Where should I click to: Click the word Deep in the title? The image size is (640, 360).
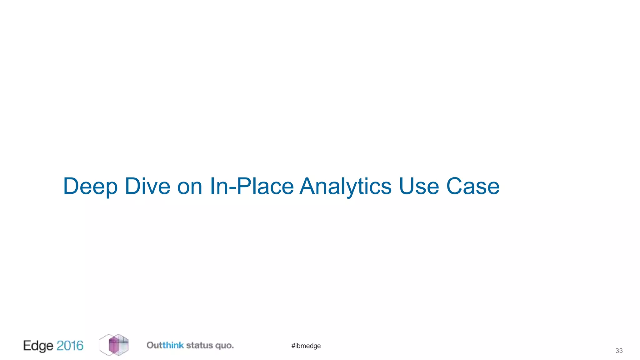coord(90,187)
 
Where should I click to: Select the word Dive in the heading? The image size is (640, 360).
coord(147,187)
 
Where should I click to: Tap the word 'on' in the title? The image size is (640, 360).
coord(190,187)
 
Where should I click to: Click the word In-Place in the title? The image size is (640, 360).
coord(252,187)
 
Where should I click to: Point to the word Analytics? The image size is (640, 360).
coord(345,187)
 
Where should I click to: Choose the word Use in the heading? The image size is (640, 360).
coord(419,187)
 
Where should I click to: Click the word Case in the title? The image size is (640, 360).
coord(473,187)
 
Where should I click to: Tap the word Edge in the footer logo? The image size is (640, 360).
coord(38,346)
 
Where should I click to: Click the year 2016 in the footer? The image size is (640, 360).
coord(70,346)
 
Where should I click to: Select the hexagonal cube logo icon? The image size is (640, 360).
coord(114,345)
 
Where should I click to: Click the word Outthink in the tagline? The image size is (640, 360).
coord(165,345)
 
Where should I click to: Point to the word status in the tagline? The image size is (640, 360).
coord(199,345)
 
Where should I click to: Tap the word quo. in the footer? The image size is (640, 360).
coord(224,346)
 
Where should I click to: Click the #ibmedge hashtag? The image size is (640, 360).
coord(306,346)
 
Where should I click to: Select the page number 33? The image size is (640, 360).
coord(619,351)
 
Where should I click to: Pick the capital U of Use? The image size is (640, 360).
coord(407,187)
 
